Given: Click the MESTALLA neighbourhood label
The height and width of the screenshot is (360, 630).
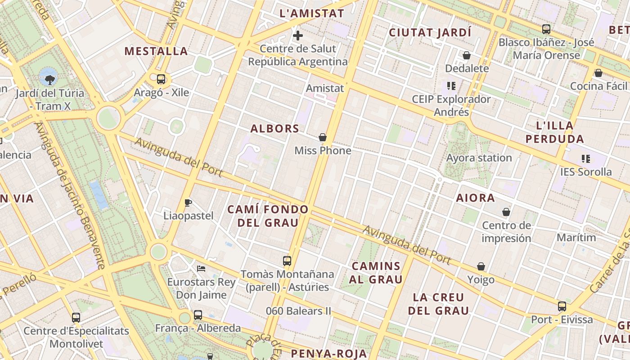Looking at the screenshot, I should pyautogui.click(x=156, y=51).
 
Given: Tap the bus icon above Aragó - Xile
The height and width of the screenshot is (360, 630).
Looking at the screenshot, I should pyautogui.click(x=161, y=79).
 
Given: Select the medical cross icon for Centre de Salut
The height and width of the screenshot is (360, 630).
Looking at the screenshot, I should pyautogui.click(x=297, y=35).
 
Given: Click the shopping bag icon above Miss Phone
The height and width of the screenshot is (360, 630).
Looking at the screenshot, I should pyautogui.click(x=323, y=137).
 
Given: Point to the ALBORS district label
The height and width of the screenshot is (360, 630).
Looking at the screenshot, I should pyautogui.click(x=275, y=129).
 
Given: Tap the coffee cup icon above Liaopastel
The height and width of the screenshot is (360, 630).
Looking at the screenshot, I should pyautogui.click(x=188, y=202).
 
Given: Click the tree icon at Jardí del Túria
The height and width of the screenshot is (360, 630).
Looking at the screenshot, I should pyautogui.click(x=49, y=80).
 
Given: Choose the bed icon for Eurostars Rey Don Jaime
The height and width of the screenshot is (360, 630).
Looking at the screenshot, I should pyautogui.click(x=201, y=269).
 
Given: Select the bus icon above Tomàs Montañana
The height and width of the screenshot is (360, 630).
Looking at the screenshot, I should pyautogui.click(x=287, y=261).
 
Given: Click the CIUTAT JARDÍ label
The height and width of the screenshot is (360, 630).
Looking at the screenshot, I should pyautogui.click(x=430, y=32).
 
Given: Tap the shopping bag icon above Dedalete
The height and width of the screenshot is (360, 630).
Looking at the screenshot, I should pyautogui.click(x=467, y=55).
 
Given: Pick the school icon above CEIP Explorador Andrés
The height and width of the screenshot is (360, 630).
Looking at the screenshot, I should pyautogui.click(x=451, y=85).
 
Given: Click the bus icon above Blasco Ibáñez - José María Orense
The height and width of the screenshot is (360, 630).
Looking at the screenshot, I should pyautogui.click(x=546, y=29).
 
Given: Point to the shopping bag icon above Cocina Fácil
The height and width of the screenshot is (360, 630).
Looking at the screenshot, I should pyautogui.click(x=598, y=73).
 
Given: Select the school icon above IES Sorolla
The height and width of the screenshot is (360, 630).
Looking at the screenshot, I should pyautogui.click(x=585, y=158).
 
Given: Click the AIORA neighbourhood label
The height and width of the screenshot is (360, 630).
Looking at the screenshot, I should pyautogui.click(x=476, y=198).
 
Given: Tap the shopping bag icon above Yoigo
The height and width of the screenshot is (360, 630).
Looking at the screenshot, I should pyautogui.click(x=481, y=266).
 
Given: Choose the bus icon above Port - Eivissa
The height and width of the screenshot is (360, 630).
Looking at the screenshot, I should pyautogui.click(x=562, y=306).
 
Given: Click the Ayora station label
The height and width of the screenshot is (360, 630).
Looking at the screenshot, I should pyautogui.click(x=479, y=158).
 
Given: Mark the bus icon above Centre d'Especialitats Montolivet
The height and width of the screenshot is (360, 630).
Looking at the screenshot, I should pyautogui.click(x=76, y=318).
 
